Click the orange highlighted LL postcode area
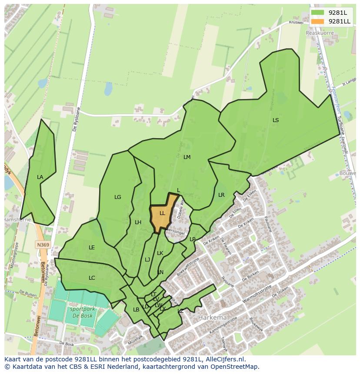162,214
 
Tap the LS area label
276,120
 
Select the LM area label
187,157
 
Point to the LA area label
40,177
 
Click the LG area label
117,197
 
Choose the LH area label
138,222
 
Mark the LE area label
92,248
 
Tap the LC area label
92,278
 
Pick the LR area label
221,195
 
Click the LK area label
160,253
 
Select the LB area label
136,310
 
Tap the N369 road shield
43,245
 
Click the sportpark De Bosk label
80,313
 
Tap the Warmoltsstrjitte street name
257,294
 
